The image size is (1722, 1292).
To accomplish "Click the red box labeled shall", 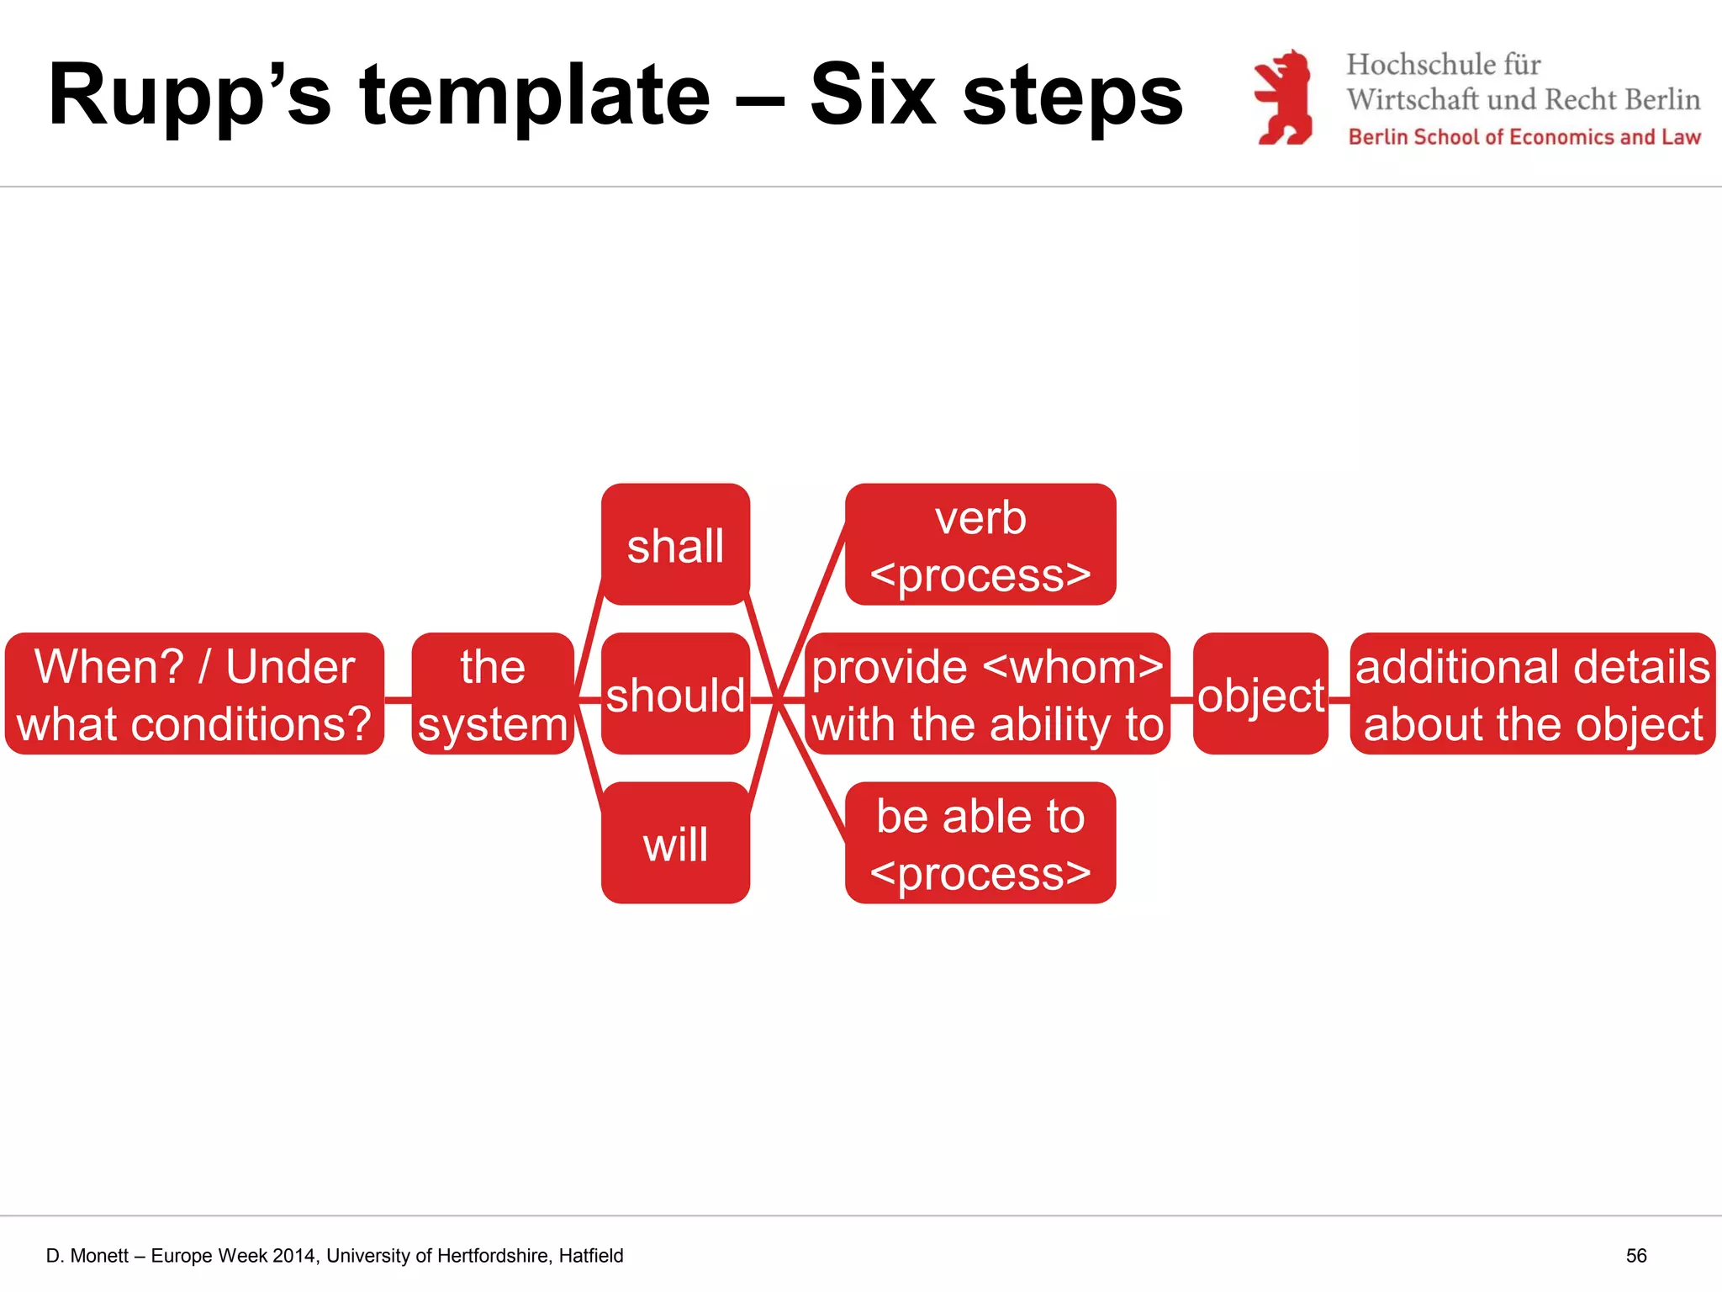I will point(675,544).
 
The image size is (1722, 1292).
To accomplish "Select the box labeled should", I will point(675,694).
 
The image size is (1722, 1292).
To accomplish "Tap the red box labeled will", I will point(675,843).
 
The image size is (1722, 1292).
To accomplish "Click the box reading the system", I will point(493,694).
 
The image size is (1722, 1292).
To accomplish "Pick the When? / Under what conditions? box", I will point(194,694).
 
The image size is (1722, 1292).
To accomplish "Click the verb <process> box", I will point(980,544).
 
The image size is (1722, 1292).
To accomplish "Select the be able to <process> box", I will point(980,843).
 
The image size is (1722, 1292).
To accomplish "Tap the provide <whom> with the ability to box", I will point(987,694).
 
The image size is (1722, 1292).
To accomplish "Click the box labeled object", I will point(1260,694).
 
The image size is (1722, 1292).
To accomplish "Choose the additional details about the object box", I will point(1532,694).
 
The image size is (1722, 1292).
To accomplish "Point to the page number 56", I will point(1635,1256).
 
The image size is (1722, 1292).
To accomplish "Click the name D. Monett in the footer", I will point(87,1256).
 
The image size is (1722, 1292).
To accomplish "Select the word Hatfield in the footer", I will point(591,1256).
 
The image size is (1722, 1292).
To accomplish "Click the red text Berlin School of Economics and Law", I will point(1524,137).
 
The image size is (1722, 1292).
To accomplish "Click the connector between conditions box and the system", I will point(398,698).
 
